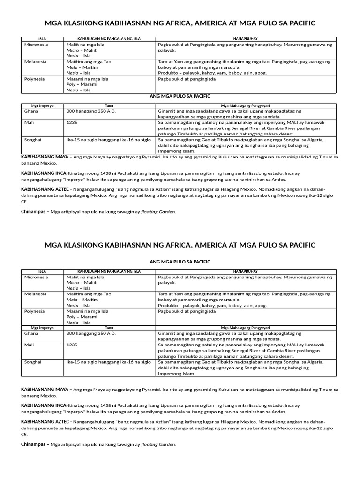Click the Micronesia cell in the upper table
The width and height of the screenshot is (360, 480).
pyautogui.click(x=36, y=44)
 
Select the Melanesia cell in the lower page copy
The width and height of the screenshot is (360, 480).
pyautogui.click(x=35, y=294)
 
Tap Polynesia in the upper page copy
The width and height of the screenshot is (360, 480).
pyautogui.click(x=34, y=79)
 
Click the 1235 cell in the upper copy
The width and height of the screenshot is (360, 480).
pyautogui.click(x=72, y=122)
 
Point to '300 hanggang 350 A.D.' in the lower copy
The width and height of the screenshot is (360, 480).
pyautogui.click(x=90, y=333)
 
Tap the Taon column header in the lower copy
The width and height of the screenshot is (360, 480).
pyautogui.click(x=109, y=328)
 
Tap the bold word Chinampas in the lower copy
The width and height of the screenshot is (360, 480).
pyautogui.click(x=34, y=444)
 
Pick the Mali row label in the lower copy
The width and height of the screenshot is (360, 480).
pyautogui.click(x=29, y=345)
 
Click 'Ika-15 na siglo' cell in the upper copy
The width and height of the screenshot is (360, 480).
pyautogui.click(x=84, y=140)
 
